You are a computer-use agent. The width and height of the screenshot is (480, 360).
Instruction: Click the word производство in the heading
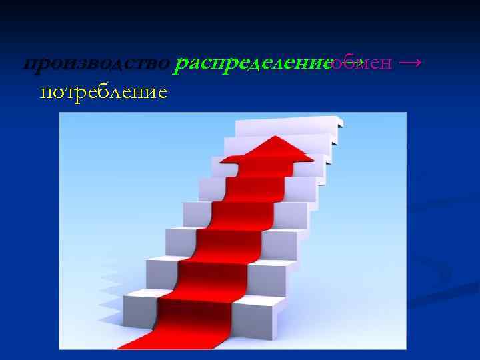coord(97,64)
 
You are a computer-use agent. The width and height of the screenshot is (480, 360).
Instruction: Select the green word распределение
coord(253,64)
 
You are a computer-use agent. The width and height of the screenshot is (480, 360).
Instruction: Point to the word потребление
coord(103,91)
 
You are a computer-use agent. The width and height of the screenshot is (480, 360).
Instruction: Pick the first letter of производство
coord(29,65)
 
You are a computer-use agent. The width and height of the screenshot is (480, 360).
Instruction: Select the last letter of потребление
coord(161,91)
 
